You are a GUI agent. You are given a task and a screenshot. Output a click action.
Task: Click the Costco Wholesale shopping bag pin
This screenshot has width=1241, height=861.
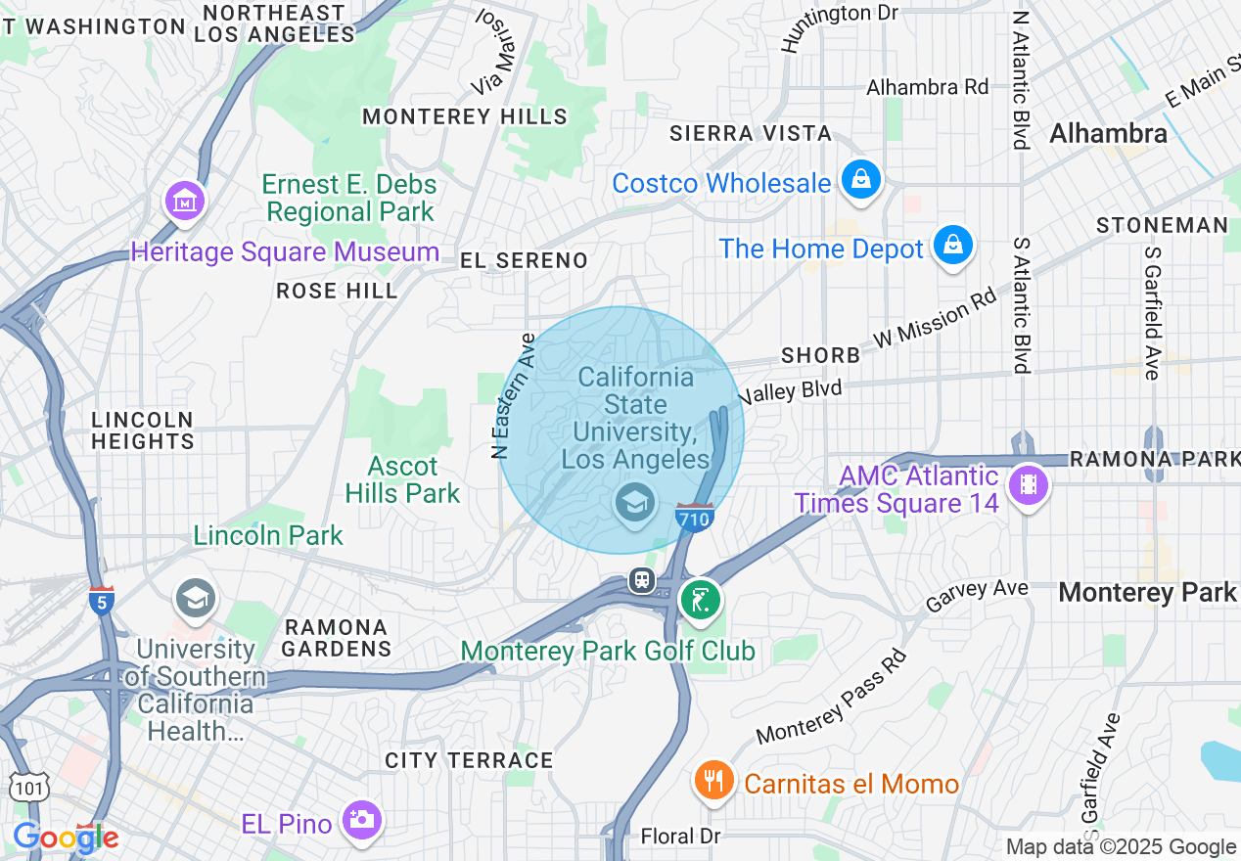coord(860,180)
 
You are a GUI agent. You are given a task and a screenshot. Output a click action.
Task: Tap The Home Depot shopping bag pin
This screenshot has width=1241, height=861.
coord(951,246)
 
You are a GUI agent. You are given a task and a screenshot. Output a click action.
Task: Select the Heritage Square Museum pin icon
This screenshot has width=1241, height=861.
coord(185,202)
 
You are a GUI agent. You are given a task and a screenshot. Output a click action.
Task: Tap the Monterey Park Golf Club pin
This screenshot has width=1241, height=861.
coord(700,599)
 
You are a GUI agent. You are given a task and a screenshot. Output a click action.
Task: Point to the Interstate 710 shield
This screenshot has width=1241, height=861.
coord(693,518)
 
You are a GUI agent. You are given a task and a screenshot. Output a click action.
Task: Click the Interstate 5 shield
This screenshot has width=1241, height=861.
coord(101,600)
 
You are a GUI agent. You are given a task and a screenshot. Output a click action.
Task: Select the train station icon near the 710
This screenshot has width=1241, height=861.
coord(641,580)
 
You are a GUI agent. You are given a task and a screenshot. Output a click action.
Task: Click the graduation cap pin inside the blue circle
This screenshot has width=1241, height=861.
coord(634,503)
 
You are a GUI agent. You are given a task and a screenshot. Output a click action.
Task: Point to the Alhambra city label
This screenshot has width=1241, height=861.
coord(1108,133)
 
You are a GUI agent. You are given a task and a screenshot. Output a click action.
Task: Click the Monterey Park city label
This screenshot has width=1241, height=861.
coord(1147,592)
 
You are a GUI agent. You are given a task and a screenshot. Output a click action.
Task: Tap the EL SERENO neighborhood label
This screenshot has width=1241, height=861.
coord(525,260)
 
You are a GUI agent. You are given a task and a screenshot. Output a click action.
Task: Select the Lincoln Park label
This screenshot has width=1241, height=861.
coord(268,535)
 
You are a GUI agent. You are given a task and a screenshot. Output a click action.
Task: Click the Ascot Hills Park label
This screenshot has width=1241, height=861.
coord(402,479)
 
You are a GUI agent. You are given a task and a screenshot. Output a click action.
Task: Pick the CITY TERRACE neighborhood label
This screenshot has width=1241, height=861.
coord(469,760)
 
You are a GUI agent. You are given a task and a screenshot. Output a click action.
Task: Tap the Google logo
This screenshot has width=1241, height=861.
coord(66,837)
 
